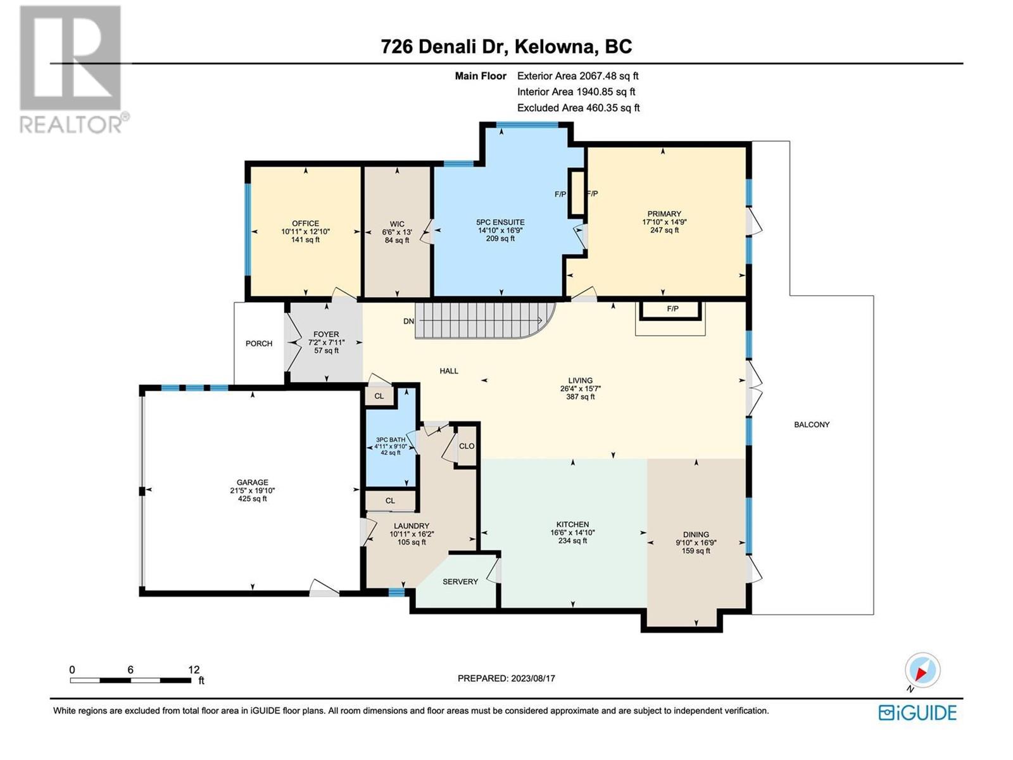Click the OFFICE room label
305,224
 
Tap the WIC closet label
397,224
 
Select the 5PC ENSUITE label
500,222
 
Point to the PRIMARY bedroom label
664,213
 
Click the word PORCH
259,344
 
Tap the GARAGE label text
252,483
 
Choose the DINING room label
696,535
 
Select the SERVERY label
460,582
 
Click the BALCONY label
812,424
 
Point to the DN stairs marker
408,321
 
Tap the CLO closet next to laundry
467,446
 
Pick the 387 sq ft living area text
580,396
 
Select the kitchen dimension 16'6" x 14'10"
572,533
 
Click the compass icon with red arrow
922,670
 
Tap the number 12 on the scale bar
194,669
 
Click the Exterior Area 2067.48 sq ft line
578,76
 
